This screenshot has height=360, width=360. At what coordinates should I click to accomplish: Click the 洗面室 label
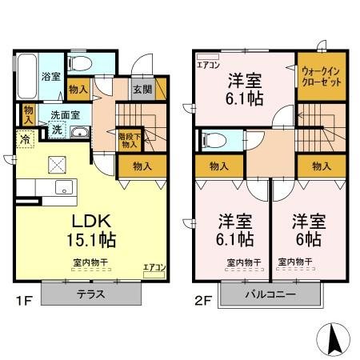[x=66, y=114]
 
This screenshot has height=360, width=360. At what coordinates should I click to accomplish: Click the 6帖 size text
[x=307, y=238]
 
